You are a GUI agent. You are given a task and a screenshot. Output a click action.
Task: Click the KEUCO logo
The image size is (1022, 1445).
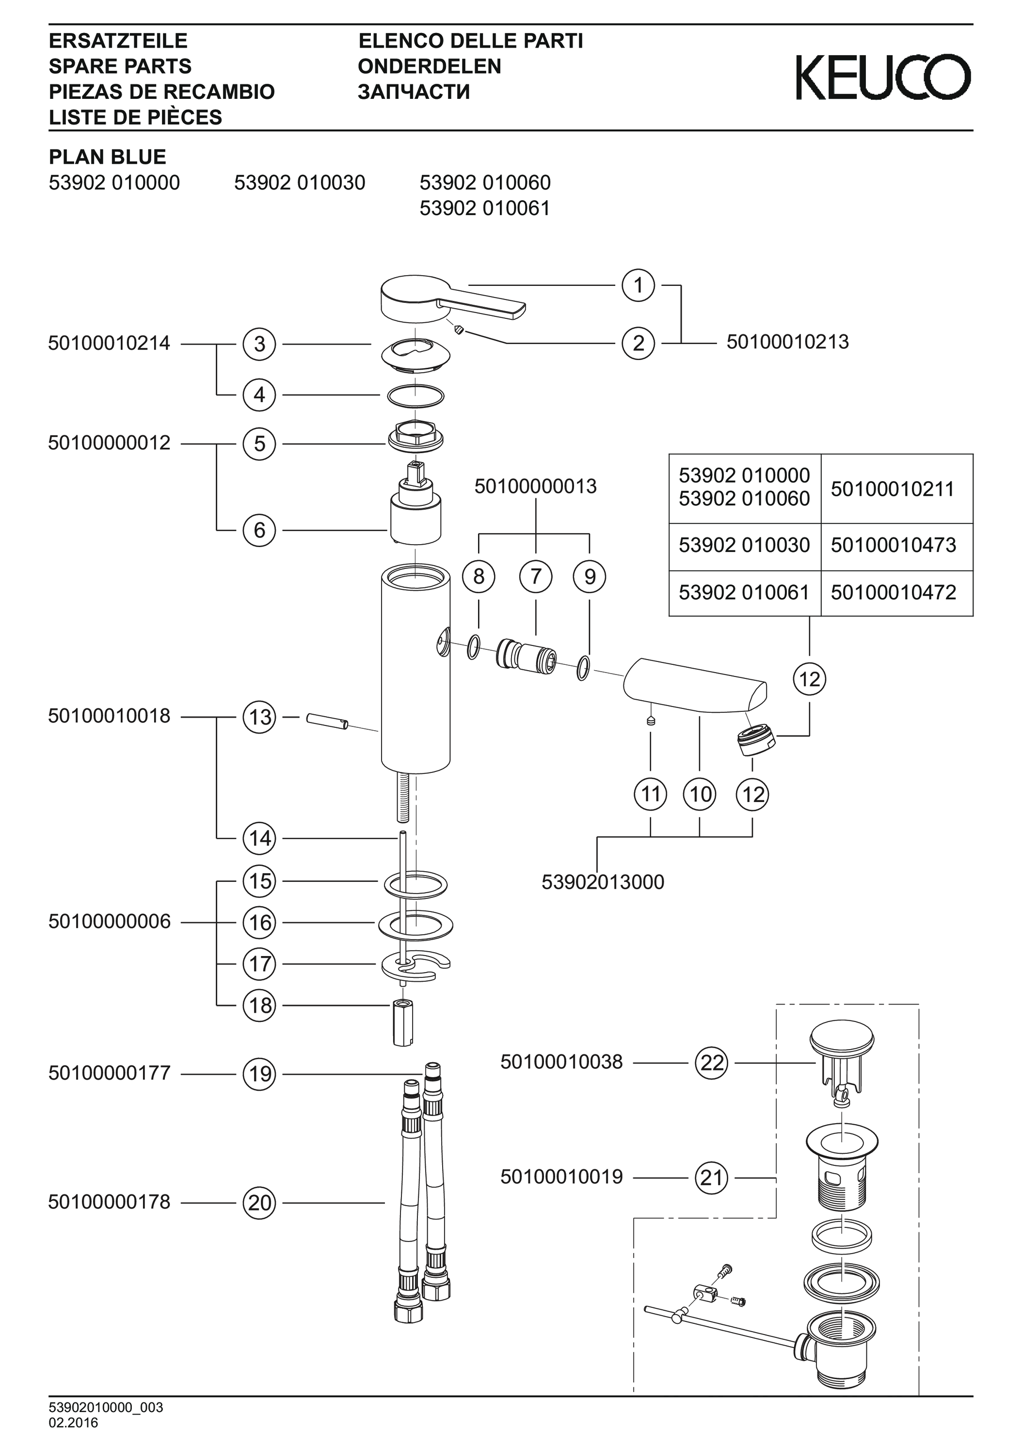click(883, 78)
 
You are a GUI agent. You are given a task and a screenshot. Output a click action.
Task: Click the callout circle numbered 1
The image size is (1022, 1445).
click(638, 286)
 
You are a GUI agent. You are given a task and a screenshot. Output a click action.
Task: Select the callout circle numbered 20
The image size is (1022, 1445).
click(259, 1203)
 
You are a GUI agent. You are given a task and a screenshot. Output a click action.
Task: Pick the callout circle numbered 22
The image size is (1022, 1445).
click(712, 1063)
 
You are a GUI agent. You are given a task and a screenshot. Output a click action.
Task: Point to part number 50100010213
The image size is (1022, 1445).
click(787, 343)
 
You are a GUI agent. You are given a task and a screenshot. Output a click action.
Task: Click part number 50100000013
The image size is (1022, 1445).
click(535, 487)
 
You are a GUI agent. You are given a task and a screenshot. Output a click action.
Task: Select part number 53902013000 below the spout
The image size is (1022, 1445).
click(603, 882)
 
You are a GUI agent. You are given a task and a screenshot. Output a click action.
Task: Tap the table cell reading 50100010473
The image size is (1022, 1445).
click(893, 545)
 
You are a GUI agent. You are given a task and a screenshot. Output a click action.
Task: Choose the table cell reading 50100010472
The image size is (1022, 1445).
click(893, 592)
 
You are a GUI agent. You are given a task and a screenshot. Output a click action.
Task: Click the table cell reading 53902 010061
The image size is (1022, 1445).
click(744, 592)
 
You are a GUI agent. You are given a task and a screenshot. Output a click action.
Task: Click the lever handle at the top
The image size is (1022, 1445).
click(441, 297)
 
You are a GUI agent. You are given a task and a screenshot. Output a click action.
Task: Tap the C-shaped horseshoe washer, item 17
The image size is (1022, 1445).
click(415, 965)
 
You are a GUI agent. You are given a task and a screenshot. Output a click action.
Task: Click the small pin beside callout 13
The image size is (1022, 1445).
click(327, 721)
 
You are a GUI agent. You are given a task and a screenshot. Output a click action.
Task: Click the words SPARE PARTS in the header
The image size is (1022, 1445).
click(120, 66)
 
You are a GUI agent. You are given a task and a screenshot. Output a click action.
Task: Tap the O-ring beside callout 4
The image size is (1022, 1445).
click(415, 396)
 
